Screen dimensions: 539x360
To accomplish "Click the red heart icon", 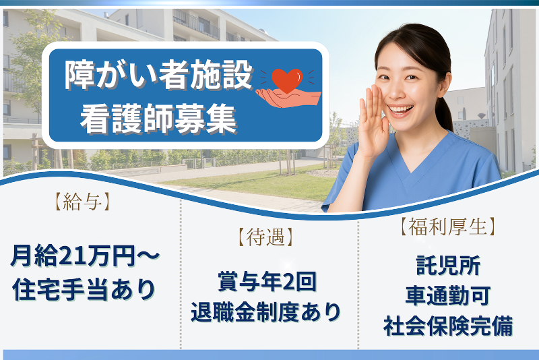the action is click(x=287, y=80).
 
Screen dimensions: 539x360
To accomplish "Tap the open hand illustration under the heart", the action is click(x=288, y=98).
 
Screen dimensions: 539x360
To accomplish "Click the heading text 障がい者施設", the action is click(x=158, y=76).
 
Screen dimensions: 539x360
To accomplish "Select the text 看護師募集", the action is click(x=158, y=119).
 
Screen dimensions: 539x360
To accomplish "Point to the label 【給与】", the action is click(x=82, y=202).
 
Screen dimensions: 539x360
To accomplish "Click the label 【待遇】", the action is click(x=265, y=237).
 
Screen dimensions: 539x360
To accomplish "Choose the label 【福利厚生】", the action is click(x=448, y=227).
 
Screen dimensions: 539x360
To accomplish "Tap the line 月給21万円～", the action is click(x=86, y=256).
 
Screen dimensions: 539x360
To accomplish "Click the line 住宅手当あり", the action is click(x=84, y=289).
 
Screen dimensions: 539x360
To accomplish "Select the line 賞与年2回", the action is click(x=267, y=282).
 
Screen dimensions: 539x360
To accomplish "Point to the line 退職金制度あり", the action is click(x=265, y=312).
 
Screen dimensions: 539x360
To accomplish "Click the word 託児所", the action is click(x=448, y=265).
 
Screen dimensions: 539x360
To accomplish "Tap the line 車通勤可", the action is click(x=448, y=295).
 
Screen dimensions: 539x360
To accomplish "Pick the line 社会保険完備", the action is click(x=448, y=326).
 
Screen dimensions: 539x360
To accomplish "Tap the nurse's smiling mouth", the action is click(x=400, y=111).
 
